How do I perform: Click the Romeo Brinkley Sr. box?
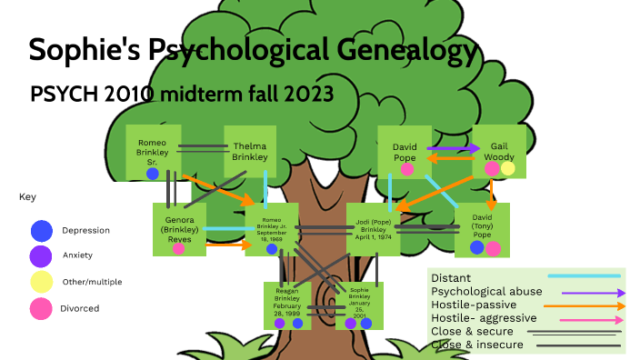[x=152, y=152]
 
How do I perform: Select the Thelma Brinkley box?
[x=250, y=151]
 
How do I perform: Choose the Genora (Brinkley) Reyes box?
[x=179, y=229]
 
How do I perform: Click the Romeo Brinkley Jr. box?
[x=272, y=229]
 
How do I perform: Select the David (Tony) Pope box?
[x=482, y=229]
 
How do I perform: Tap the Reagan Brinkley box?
[x=287, y=305]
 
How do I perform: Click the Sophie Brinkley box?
[x=359, y=305]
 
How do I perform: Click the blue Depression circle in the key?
[x=41, y=231]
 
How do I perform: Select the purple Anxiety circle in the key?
[x=41, y=255]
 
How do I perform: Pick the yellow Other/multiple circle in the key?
[x=41, y=282]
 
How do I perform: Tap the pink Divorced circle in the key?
[x=41, y=309]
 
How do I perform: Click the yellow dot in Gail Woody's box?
[x=507, y=168]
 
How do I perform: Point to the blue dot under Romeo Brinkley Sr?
[x=152, y=174]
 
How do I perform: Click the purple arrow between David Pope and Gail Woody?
[x=453, y=147]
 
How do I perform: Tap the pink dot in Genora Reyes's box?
[x=178, y=248]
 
